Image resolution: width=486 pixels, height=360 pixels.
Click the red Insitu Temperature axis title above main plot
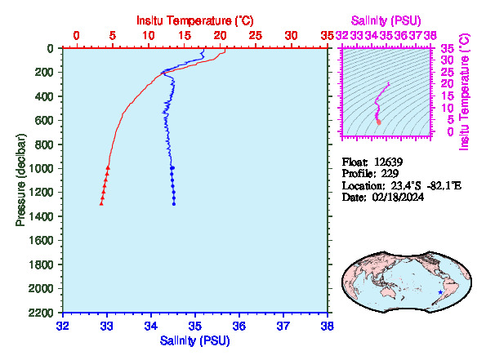(x=195, y=20)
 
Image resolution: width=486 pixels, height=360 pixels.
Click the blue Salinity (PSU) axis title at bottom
(x=194, y=340)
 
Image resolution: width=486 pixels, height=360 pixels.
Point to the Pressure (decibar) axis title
(x=20, y=180)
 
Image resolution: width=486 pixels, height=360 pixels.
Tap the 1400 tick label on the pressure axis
(x=41, y=216)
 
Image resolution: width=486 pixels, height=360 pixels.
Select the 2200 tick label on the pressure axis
(x=41, y=313)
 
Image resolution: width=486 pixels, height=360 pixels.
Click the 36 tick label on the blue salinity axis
(x=239, y=326)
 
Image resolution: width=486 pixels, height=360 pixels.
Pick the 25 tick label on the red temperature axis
(x=256, y=36)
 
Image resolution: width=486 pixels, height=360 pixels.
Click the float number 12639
(x=388, y=162)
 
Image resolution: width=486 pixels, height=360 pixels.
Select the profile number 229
(x=390, y=173)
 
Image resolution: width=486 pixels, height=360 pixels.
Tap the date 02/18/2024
(x=398, y=197)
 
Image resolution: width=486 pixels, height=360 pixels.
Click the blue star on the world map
(x=440, y=292)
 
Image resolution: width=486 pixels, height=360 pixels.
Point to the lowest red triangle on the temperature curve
(x=101, y=203)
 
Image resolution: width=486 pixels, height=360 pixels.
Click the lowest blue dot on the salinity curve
(x=174, y=204)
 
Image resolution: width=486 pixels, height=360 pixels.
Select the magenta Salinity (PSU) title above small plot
(x=386, y=20)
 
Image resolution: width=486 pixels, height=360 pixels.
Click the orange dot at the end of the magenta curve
(x=378, y=122)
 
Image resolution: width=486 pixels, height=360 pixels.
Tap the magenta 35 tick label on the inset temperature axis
(x=448, y=49)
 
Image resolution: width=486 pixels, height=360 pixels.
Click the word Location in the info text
(x=362, y=185)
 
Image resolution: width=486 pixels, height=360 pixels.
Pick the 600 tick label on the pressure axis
(x=45, y=120)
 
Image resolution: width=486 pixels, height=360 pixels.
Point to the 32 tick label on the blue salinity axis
(x=63, y=326)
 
